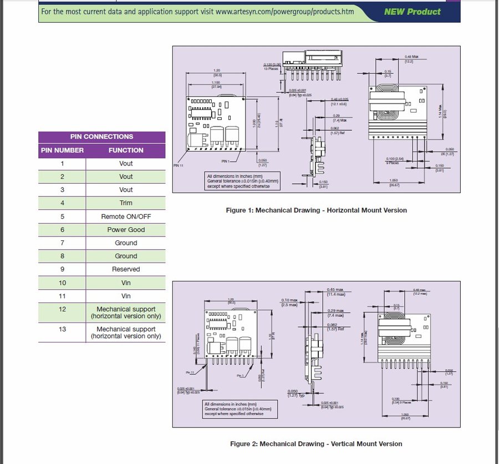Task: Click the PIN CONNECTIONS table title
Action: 101,137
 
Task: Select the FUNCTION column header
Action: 126,150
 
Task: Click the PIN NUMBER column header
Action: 62,150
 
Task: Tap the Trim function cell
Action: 126,203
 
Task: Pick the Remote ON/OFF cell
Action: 126,216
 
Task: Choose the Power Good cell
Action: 126,230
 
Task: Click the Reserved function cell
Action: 126,269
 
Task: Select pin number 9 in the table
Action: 62,269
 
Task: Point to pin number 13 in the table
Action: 62,329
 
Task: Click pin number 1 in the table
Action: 62,164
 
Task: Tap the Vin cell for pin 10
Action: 126,283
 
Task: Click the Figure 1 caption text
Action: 316,210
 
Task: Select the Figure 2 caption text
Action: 316,444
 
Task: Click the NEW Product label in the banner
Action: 412,12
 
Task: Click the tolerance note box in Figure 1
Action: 242,181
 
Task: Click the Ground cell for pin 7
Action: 126,243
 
